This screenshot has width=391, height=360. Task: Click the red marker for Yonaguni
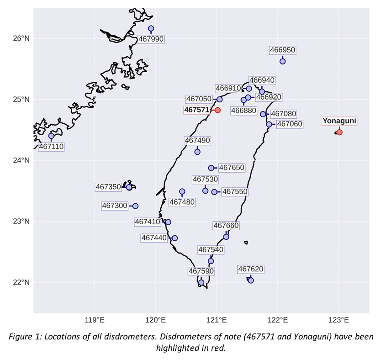pyautogui.click(x=339, y=132)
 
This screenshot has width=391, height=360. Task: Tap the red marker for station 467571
pyautogui.click(x=217, y=110)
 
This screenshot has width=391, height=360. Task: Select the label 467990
pyautogui.click(x=151, y=39)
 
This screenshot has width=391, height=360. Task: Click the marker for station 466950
pyautogui.click(x=282, y=61)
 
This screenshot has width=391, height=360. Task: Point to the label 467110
pyautogui.click(x=51, y=147)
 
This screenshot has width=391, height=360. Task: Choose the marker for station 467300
pyautogui.click(x=135, y=206)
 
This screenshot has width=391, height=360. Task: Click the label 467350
pyautogui.click(x=108, y=187)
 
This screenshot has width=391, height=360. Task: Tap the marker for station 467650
pyautogui.click(x=211, y=168)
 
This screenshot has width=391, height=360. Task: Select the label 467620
pyautogui.click(x=251, y=269)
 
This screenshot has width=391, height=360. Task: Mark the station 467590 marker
pyautogui.click(x=201, y=283)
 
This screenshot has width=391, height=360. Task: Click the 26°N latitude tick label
pyautogui.click(x=21, y=38)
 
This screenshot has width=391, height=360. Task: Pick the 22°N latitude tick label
pyautogui.click(x=21, y=282)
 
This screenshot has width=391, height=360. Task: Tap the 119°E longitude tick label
pyautogui.click(x=95, y=320)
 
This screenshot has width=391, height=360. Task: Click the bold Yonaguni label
pyautogui.click(x=339, y=121)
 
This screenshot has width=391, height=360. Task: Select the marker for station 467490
pyautogui.click(x=197, y=152)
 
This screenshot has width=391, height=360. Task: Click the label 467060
pyautogui.click(x=290, y=124)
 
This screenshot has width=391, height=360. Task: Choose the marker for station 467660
pyautogui.click(x=226, y=237)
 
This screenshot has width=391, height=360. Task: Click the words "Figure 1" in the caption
pyautogui.click(x=24, y=337)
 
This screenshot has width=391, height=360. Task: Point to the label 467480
pyautogui.click(x=182, y=202)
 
